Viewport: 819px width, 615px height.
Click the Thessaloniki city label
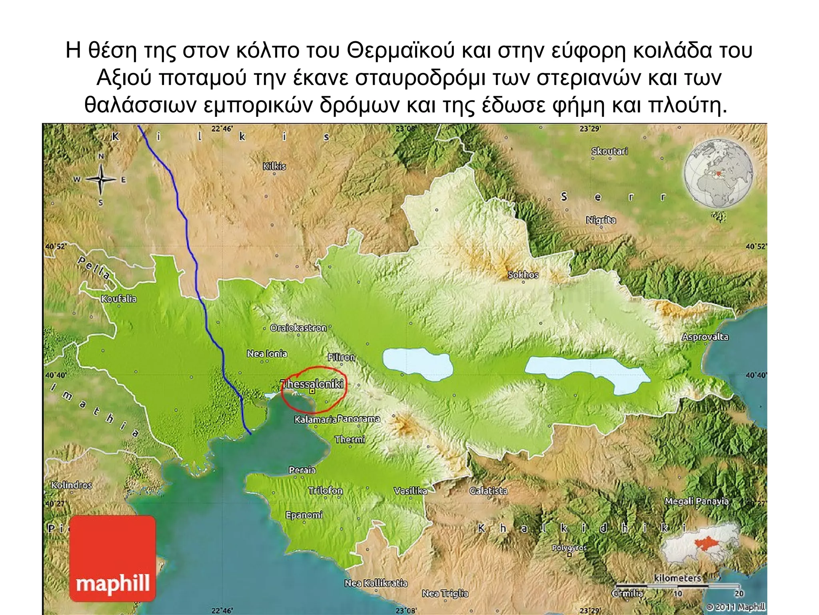coord(312,384)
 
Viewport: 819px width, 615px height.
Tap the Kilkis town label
coord(274,166)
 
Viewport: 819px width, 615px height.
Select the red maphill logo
coord(112,559)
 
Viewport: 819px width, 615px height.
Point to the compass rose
coord(101,179)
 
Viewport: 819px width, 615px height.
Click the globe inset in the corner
coord(718,174)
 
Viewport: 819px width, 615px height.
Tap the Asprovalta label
coord(705,337)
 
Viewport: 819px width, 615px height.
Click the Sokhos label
coord(523,275)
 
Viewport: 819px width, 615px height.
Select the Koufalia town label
coord(118,299)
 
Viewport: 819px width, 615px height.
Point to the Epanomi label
coord(304,515)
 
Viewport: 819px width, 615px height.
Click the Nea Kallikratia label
coord(376,583)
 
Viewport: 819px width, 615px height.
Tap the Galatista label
coord(488,490)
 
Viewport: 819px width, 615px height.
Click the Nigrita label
coord(601,220)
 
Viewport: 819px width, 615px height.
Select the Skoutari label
coord(609,151)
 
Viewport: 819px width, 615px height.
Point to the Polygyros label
coord(569,548)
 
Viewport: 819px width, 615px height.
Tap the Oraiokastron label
coord(298,328)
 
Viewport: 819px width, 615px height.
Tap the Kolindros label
coord(72,485)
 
